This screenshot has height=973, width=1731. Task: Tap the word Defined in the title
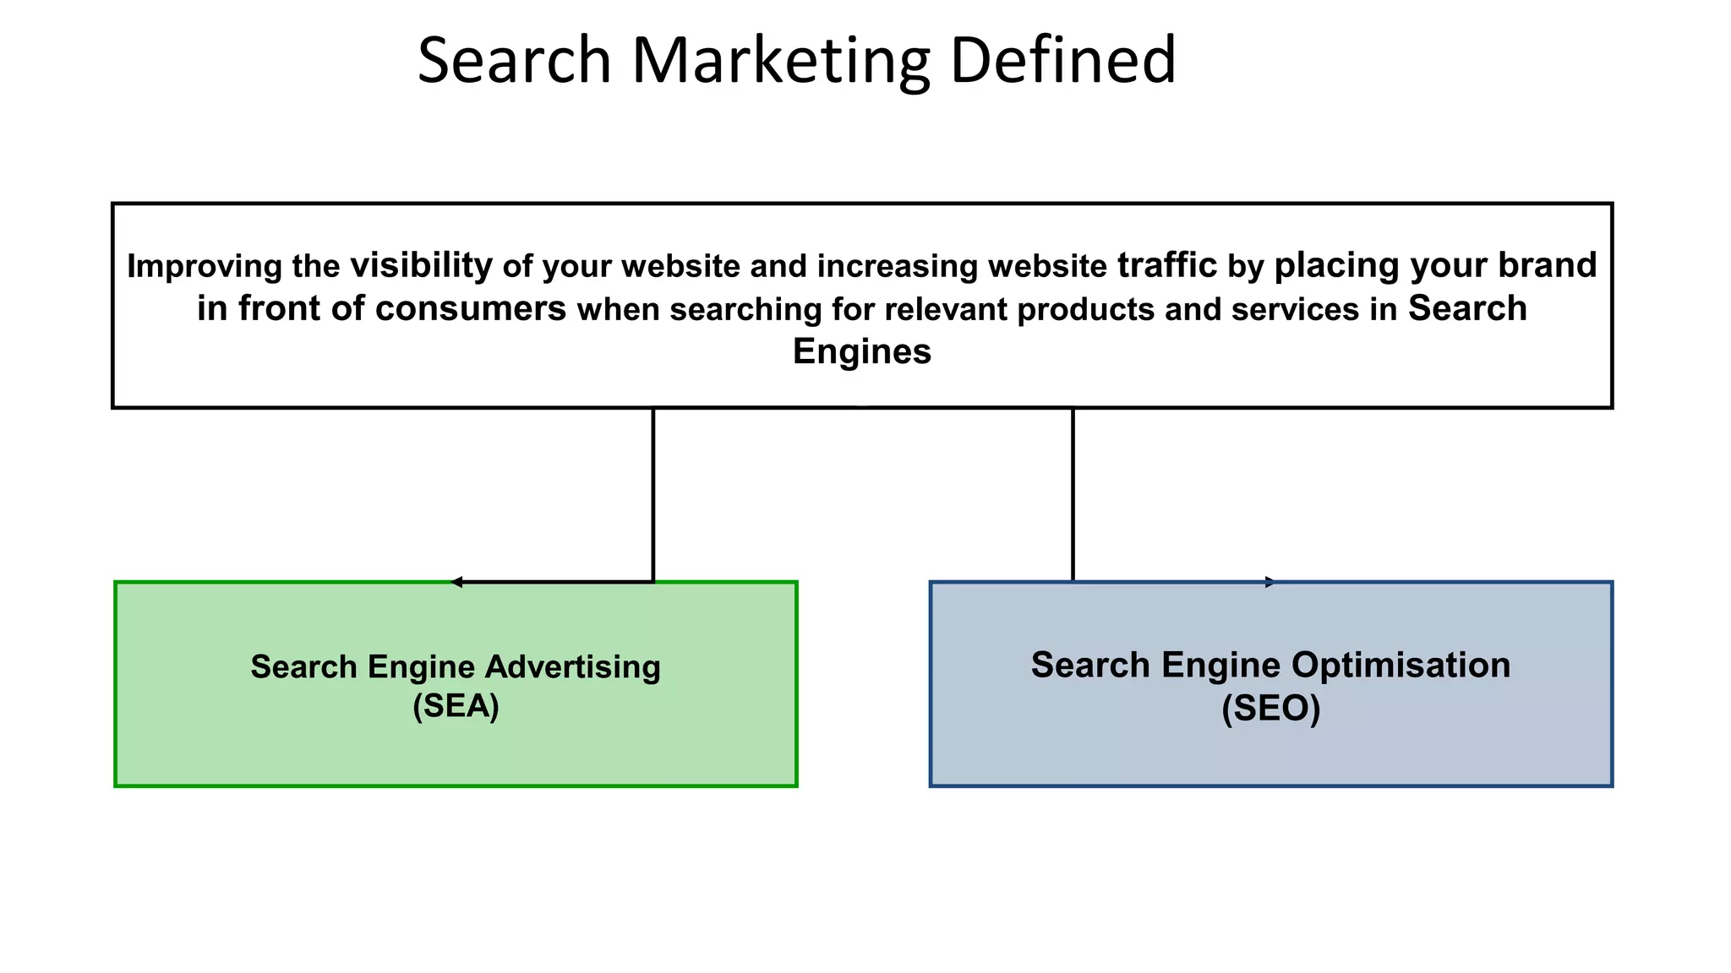1062,61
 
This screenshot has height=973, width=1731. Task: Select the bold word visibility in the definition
421,265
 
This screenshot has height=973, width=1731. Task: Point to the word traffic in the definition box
1167,265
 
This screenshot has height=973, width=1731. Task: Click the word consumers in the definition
470,308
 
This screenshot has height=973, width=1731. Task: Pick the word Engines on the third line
861,351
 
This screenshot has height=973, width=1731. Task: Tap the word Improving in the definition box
205,266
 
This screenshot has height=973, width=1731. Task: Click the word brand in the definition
1548,265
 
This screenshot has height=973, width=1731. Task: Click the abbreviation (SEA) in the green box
456,706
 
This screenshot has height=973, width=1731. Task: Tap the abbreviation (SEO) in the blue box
1270,709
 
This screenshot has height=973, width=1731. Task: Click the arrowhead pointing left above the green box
456,582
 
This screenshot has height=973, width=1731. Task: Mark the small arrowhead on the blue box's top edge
1270,582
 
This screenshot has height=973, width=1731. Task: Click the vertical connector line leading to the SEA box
653,494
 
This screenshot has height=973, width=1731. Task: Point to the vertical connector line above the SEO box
1073,494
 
